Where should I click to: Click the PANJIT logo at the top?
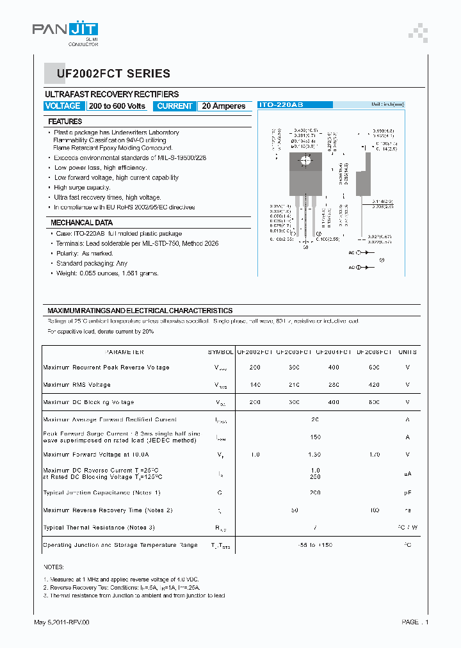(x=65, y=29)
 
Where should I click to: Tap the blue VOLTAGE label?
(x=63, y=106)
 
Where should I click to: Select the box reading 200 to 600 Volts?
(x=117, y=106)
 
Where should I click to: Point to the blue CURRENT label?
(x=175, y=106)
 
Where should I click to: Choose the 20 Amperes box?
(x=223, y=106)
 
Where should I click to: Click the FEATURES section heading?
(x=65, y=121)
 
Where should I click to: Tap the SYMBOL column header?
(x=221, y=352)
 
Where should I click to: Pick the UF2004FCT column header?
(x=333, y=352)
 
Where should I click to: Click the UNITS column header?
(x=407, y=352)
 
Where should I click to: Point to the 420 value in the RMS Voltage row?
(x=374, y=385)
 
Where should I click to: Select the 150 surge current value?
(x=315, y=437)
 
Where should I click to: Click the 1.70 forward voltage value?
(x=374, y=455)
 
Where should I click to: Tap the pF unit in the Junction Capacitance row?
(x=407, y=493)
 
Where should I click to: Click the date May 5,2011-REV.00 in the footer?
(x=61, y=622)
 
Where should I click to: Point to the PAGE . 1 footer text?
(x=415, y=622)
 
